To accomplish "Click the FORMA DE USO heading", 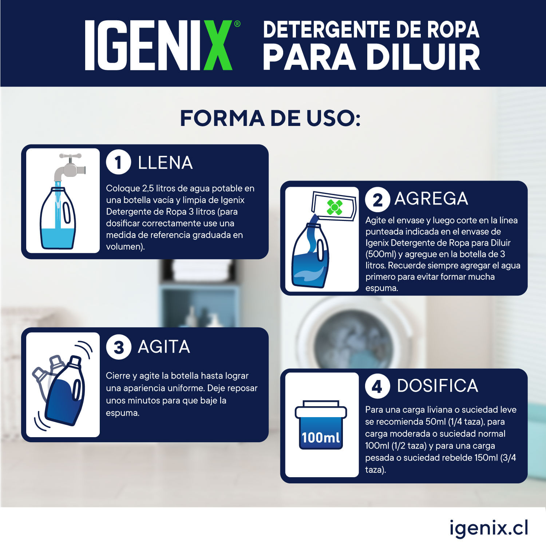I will click(270, 118).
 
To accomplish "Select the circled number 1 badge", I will click(118, 162).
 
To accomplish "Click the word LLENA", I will click(165, 163).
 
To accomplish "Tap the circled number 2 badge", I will click(377, 199).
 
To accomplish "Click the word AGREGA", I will click(431, 199).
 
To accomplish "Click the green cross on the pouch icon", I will click(335, 207).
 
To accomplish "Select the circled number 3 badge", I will click(118, 347).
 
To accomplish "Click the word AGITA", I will click(164, 347).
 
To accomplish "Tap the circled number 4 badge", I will click(377, 386).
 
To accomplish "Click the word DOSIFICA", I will click(437, 386).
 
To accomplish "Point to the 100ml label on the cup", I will click(321, 437).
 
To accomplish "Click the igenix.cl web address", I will click(488, 528).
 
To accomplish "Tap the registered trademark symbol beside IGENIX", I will click(237, 24).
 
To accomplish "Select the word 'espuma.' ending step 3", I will click(123, 413).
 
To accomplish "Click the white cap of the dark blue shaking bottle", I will click(75, 361).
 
